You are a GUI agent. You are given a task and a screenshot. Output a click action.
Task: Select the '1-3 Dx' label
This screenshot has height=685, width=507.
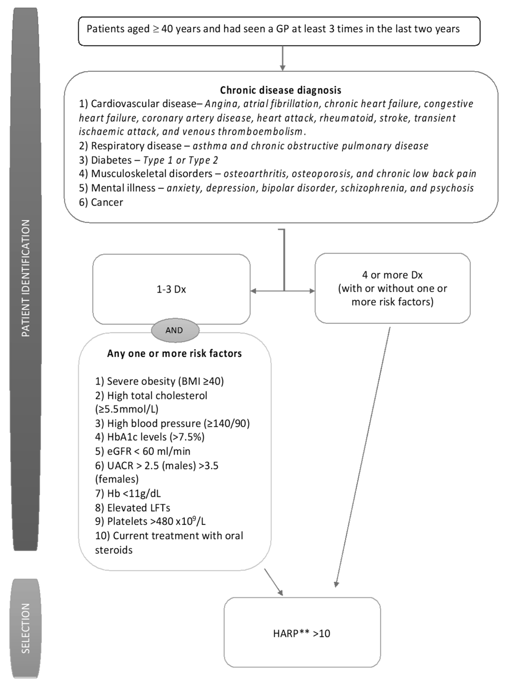point(171,289)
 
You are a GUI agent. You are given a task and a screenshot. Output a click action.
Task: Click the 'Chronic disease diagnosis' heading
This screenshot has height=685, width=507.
point(281,90)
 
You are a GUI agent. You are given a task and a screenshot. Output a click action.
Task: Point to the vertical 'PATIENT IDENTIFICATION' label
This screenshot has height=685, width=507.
point(26,278)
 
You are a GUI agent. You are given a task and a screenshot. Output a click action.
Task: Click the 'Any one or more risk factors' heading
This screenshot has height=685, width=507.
point(174,353)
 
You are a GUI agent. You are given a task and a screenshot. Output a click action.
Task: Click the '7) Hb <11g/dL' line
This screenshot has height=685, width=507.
point(128,493)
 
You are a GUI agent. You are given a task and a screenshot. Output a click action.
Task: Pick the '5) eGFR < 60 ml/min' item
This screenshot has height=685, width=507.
point(142,451)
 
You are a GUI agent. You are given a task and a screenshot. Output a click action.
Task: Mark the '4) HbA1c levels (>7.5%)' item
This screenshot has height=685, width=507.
point(149,437)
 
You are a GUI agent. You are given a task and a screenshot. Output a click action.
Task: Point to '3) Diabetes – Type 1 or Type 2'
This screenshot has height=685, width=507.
point(149,160)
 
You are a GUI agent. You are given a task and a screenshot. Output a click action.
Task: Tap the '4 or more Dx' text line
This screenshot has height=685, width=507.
point(392,275)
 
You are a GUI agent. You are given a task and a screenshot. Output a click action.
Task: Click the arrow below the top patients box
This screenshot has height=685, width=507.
point(283,58)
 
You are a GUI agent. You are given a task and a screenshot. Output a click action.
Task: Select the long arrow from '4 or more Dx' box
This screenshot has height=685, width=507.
point(363,457)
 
